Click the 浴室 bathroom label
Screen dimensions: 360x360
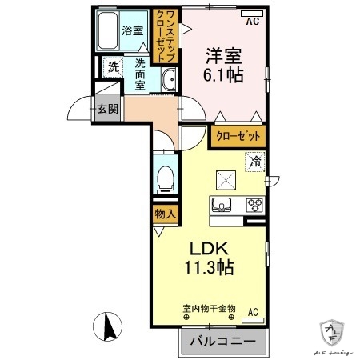(132, 32)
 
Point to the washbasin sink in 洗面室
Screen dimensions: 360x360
(170, 78)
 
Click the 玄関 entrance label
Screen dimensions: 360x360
(106, 108)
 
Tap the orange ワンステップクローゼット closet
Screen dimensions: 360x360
(166, 36)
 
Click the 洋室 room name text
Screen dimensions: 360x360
(224, 56)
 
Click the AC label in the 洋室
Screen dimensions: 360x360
(253, 22)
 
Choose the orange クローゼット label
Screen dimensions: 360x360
(238, 137)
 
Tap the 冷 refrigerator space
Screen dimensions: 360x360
(256, 162)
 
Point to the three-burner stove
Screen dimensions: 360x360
(255, 204)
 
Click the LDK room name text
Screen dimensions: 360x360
(210, 248)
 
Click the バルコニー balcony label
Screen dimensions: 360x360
(223, 342)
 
